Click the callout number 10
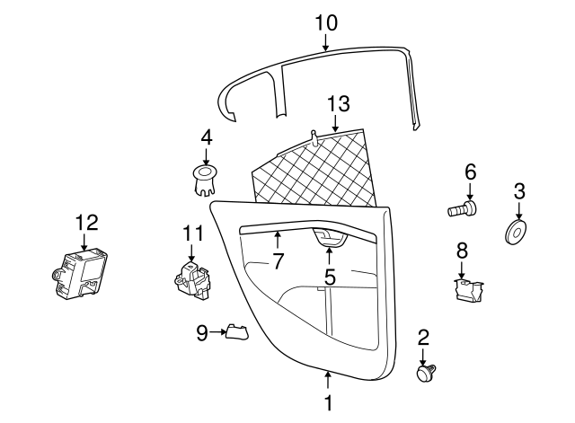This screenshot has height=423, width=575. [326, 22]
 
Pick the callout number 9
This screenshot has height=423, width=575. [201, 333]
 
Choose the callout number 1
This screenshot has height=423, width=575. [328, 403]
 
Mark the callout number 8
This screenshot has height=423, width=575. [462, 249]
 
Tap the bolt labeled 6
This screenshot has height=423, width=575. [462, 210]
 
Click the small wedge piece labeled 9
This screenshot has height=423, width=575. [235, 332]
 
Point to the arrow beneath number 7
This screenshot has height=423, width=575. [278, 241]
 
